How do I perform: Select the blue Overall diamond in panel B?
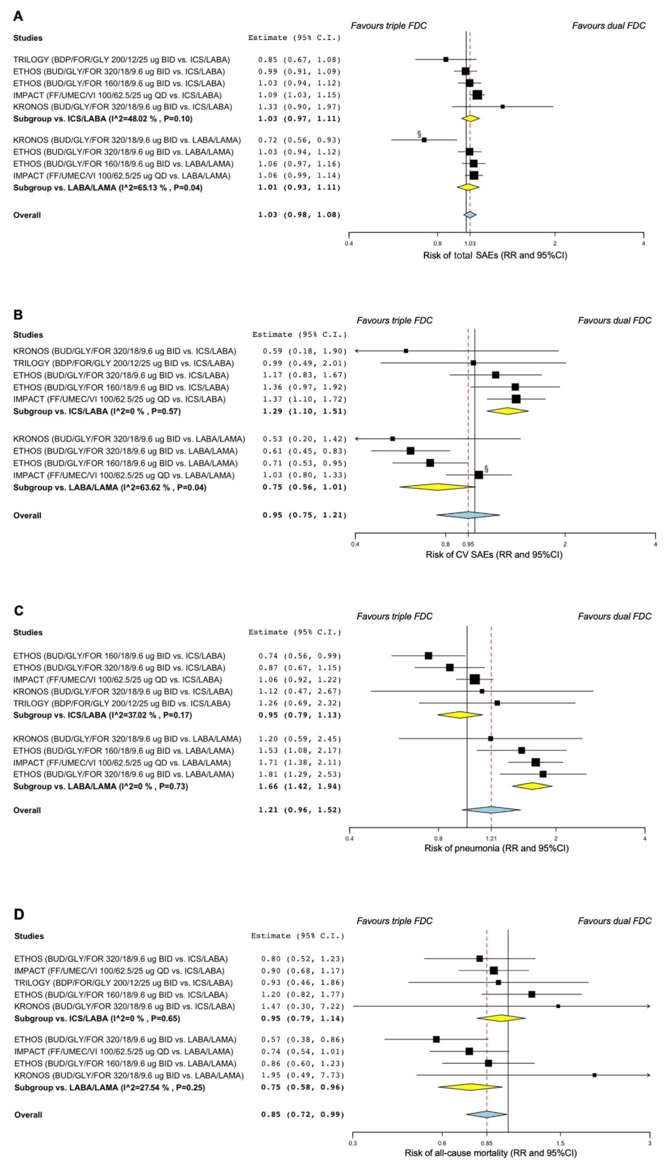pos(468,515)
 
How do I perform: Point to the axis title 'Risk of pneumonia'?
pos(496,848)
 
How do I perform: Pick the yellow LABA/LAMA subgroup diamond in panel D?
pos(470,1096)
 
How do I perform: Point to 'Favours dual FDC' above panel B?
pos(614,321)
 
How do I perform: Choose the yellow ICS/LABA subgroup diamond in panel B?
pos(507,411)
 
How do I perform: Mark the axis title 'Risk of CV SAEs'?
pos(494,555)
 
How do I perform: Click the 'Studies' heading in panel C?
pos(28,632)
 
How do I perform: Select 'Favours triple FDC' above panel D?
pos(394,921)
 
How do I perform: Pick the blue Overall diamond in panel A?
pos(470,215)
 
